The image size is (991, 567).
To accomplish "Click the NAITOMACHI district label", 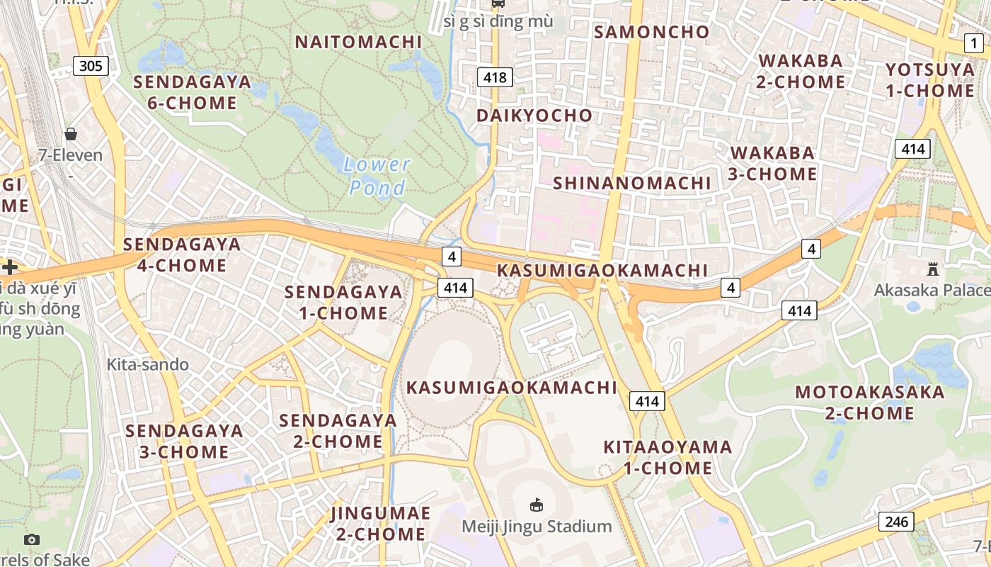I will [358, 42].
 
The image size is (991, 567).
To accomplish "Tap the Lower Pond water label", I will [377, 176].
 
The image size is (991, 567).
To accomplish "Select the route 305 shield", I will [91, 67].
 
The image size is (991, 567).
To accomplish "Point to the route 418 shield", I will [494, 77].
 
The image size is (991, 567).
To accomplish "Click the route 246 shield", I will [896, 522].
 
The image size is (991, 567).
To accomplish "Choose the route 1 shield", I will [974, 44].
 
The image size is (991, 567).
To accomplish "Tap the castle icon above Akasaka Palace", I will [932, 269].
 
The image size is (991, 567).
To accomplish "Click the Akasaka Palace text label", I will [932, 290].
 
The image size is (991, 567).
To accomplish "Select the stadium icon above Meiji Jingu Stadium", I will [537, 505].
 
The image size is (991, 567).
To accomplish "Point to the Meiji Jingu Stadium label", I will [537, 526].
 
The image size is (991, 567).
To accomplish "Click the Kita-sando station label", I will [148, 364].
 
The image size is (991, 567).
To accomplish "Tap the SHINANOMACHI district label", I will [631, 183].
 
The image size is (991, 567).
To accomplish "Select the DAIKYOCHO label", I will [534, 116].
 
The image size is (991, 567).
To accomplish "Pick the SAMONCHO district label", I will [651, 32].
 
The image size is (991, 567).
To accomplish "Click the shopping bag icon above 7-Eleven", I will [71, 134].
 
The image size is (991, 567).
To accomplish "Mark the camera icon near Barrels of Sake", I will [32, 540].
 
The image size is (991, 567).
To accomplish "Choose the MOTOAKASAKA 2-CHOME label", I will [869, 402].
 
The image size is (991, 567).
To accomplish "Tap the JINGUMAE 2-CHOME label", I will [381, 523].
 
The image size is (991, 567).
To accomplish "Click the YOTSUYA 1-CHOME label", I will [930, 80].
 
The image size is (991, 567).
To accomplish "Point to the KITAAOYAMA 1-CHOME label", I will [668, 457].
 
